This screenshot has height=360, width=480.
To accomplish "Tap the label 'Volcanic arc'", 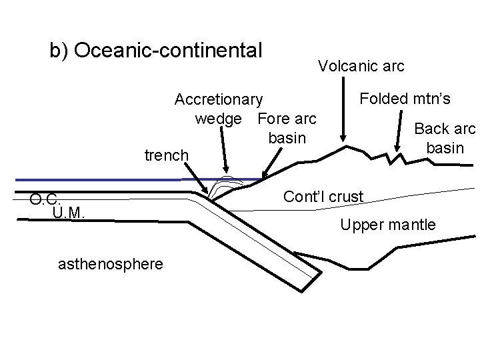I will [x=361, y=66].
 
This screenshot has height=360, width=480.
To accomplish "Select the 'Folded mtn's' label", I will [x=405, y=99].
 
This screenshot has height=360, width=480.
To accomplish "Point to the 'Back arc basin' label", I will [x=445, y=138].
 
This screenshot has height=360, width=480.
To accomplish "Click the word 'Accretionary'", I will [x=219, y=100].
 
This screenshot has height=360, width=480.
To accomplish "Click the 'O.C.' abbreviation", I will [x=46, y=199].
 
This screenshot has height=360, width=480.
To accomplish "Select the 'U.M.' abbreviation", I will [x=67, y=212].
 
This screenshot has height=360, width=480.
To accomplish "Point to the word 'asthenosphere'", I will [x=111, y=265].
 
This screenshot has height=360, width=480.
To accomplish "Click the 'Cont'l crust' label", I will [x=323, y=197].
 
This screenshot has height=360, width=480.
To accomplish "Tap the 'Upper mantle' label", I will [x=388, y=225].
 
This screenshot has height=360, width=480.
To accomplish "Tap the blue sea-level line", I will [x=100, y=180].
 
